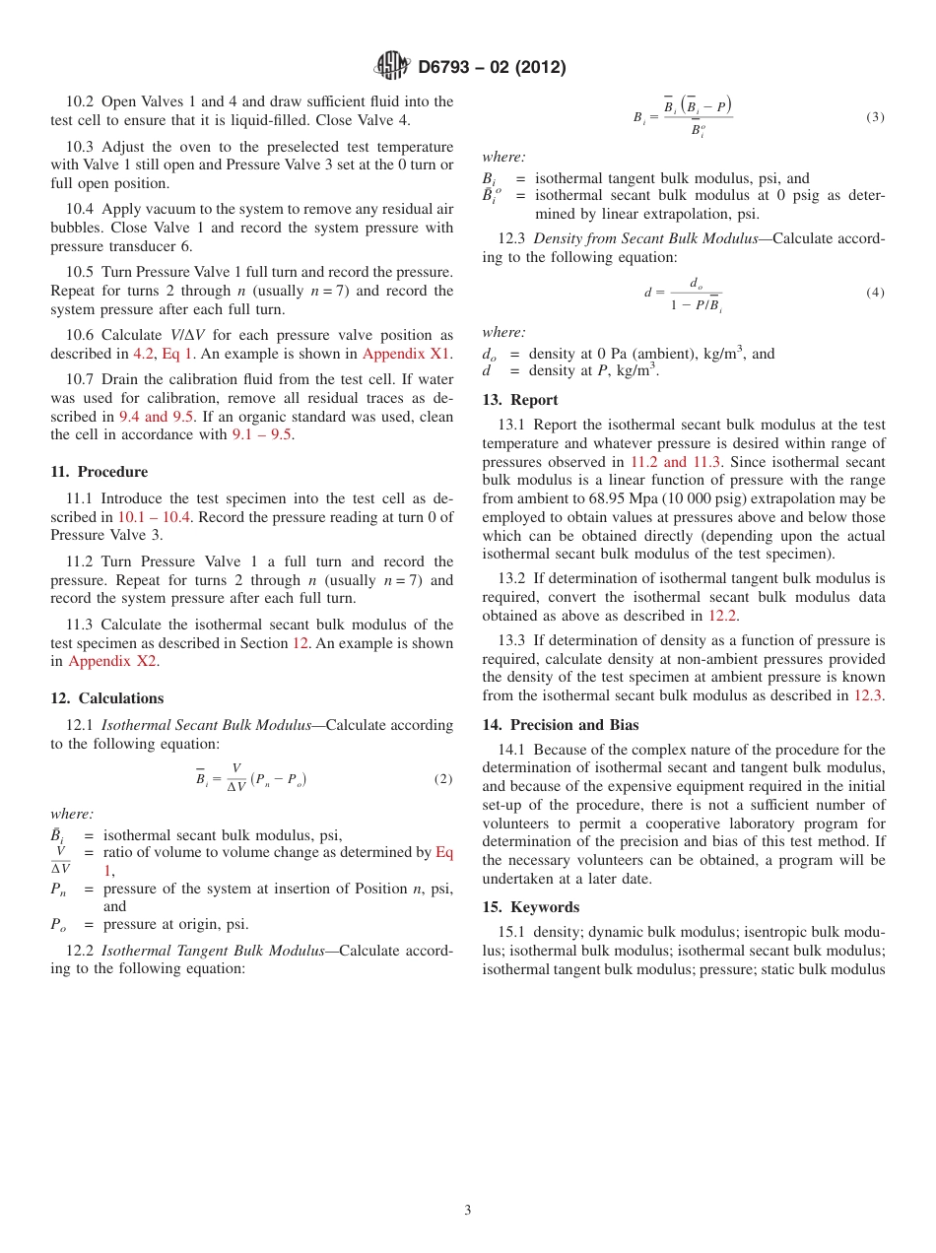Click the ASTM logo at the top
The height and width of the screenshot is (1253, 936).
point(391,67)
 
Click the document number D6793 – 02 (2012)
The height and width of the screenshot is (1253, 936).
point(492,68)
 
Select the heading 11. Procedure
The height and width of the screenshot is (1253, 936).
point(99,472)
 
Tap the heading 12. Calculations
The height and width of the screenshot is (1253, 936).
point(106,698)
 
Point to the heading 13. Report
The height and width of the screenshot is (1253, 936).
point(519,400)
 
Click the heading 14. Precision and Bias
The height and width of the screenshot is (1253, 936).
point(560,725)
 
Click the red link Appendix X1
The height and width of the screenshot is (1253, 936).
point(407,354)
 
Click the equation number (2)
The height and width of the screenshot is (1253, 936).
point(443,779)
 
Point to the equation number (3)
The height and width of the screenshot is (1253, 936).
point(875,117)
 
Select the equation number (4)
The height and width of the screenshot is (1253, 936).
point(875,293)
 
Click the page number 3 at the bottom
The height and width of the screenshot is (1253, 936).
point(468,1211)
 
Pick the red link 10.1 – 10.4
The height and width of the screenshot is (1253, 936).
point(155,517)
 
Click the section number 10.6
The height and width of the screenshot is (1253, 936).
point(82,336)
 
